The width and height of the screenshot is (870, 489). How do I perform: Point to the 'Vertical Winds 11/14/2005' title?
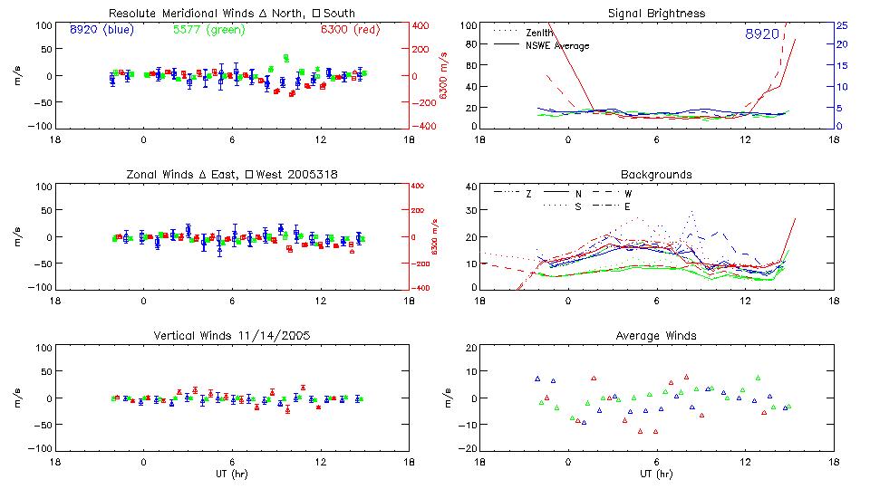(232, 336)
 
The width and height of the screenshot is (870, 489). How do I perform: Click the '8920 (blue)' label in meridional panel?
(101, 31)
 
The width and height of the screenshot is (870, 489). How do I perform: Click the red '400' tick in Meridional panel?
(423, 25)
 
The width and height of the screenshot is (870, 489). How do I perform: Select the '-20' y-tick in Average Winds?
(469, 449)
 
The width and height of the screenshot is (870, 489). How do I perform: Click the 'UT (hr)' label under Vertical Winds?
(232, 474)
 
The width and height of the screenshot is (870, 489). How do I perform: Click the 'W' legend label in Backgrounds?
(627, 194)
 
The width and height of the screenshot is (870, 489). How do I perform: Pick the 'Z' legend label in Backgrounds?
(528, 194)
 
